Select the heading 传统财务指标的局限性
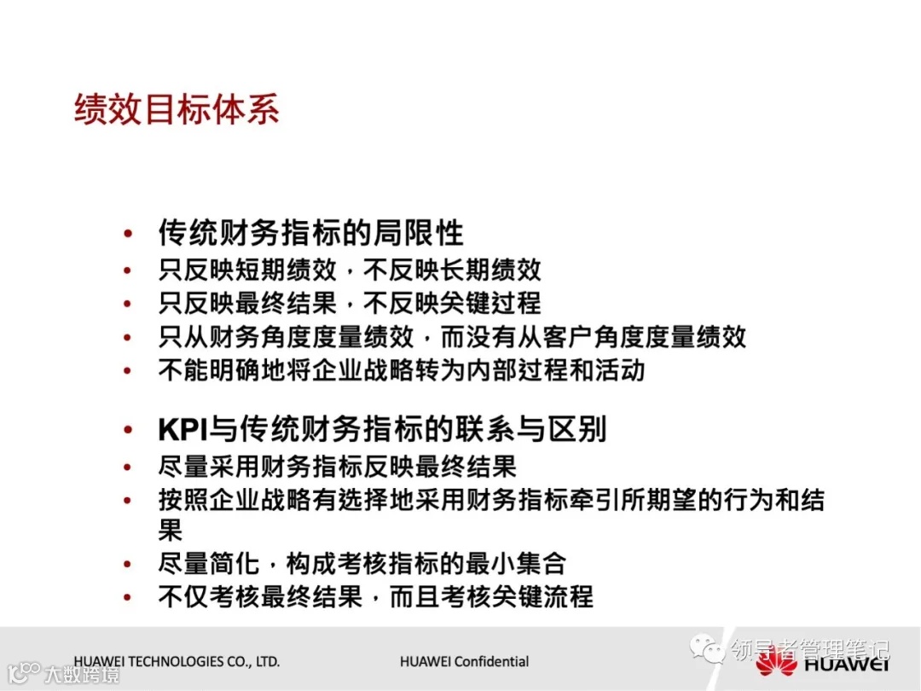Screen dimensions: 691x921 (310, 232)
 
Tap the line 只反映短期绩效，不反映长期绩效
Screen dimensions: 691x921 (350, 270)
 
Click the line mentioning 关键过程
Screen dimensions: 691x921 (350, 303)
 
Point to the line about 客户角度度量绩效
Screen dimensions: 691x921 (452, 336)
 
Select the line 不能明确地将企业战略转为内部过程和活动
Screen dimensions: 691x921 (402, 370)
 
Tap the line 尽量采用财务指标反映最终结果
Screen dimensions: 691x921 (337, 467)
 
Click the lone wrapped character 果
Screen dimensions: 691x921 (171, 530)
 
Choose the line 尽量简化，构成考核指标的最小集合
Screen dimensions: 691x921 (362, 563)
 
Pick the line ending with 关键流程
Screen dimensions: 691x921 (375, 596)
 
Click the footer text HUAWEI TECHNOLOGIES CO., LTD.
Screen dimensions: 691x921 (177, 661)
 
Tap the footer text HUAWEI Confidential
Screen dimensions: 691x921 (464, 661)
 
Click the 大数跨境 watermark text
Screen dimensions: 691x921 (82, 675)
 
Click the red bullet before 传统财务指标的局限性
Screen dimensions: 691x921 (128, 233)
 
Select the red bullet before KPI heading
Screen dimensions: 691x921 (128, 429)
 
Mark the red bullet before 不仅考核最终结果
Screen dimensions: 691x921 (128, 597)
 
